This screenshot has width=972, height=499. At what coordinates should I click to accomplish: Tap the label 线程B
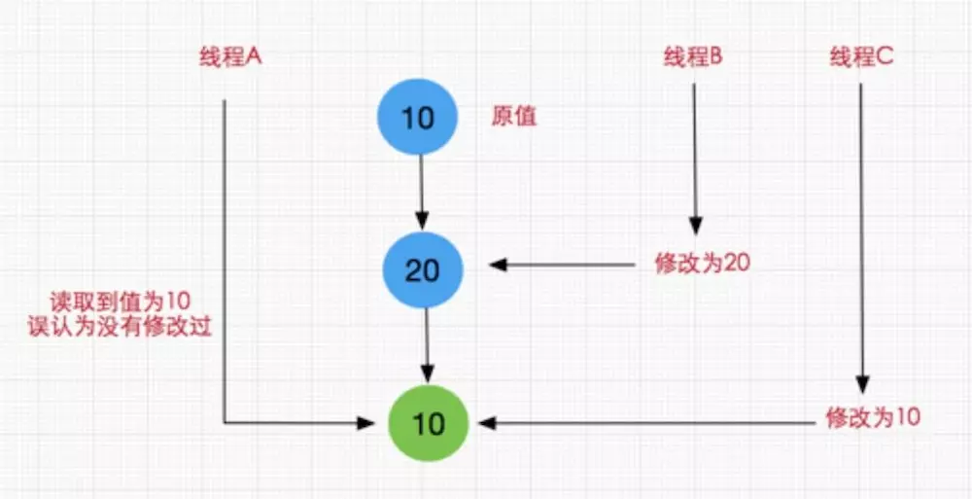pos(693,57)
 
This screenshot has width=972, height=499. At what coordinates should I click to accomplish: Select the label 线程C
pos(861,57)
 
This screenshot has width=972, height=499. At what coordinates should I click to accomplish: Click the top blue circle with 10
pos(418,119)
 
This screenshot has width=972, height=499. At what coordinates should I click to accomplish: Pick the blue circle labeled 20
pos(422,269)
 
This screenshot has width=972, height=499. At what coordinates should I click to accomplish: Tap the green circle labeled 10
pos(428,424)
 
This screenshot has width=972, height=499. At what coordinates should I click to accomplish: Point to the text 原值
pos(515,118)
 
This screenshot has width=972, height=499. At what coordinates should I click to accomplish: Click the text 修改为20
pos(702,265)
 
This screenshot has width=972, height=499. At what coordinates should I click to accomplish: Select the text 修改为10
pos(872,418)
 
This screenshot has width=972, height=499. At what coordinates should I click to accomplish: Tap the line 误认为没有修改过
pos(121,328)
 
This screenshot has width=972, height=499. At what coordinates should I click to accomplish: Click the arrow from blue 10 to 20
pos(421,190)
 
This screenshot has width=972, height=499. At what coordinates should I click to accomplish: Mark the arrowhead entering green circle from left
pos(366,423)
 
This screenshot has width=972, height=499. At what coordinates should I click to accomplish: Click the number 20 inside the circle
pos(422,269)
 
